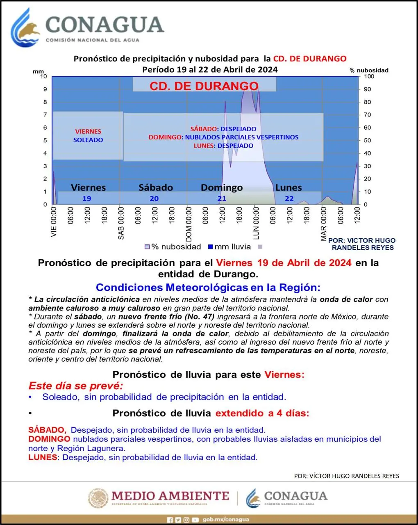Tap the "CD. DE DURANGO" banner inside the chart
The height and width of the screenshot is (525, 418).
(204, 86)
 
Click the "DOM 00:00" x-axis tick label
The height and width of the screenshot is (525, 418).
(189, 224)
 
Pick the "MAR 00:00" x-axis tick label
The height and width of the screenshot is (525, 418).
(324, 224)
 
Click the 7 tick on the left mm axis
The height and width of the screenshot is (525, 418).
(45, 115)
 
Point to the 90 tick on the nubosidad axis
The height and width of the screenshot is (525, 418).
(368, 89)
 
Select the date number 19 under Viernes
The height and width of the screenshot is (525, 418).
(86, 199)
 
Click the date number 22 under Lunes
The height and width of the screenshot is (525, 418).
(289, 199)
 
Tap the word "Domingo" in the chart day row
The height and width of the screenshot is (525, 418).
(222, 188)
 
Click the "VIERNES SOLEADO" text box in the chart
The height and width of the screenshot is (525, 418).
(88, 136)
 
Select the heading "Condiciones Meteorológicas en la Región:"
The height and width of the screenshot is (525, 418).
(208, 288)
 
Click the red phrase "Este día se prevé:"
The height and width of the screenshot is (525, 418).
(75, 386)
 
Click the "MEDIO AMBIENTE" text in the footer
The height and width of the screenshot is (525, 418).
(170, 496)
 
